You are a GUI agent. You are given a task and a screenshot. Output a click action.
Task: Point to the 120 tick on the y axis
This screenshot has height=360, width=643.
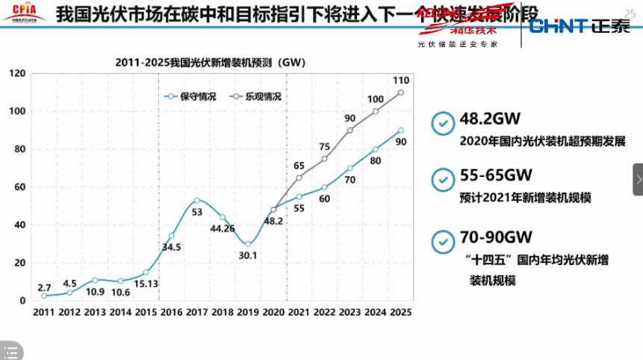[18, 73]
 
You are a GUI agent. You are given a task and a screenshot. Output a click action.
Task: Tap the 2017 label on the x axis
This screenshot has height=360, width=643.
[196, 312]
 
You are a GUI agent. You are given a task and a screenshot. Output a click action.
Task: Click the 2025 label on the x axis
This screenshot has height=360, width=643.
[400, 312]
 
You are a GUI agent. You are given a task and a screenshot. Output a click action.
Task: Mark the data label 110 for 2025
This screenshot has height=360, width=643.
[400, 80]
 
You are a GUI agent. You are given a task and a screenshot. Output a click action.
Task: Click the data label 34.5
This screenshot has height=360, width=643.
[172, 247]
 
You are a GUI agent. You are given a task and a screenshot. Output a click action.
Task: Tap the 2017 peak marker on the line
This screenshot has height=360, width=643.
[196, 200]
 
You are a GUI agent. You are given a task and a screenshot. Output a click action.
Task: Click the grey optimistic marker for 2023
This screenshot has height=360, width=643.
[350, 130]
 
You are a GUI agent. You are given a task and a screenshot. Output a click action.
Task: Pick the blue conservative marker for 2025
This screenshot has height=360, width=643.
[401, 130]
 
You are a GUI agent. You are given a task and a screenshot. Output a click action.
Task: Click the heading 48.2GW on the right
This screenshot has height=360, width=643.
[489, 120]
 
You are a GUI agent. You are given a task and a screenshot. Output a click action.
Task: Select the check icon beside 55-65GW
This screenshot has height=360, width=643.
[444, 179]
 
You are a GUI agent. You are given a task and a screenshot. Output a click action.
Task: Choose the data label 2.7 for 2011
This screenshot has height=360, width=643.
[44, 287]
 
